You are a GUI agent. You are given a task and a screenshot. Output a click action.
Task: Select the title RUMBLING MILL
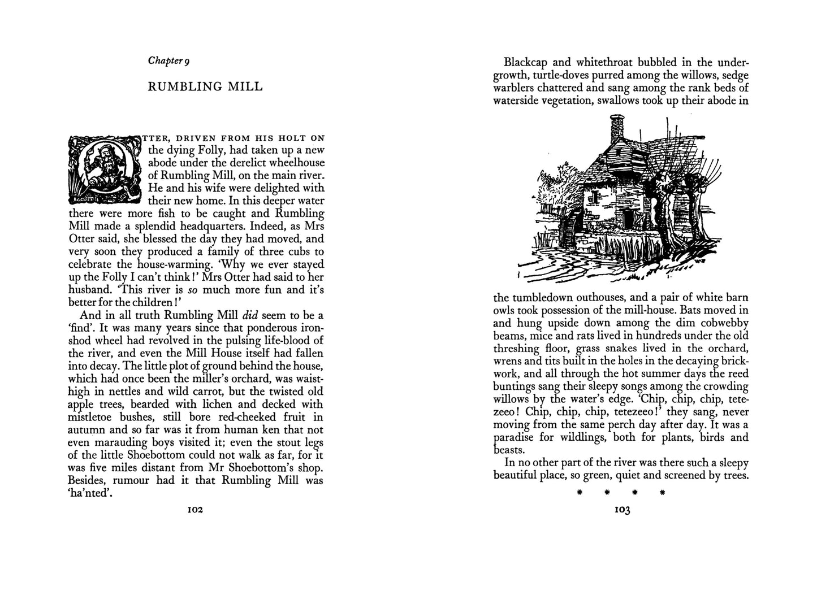click(205, 86)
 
